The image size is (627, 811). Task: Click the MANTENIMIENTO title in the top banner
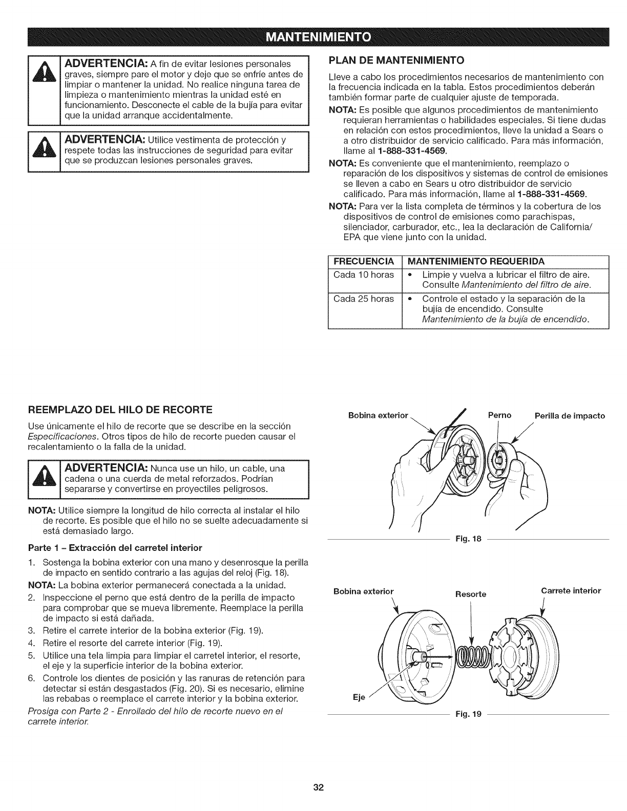tap(313, 37)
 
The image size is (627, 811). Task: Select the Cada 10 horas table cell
tap(364, 274)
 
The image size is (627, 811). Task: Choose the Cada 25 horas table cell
tap(364, 298)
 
